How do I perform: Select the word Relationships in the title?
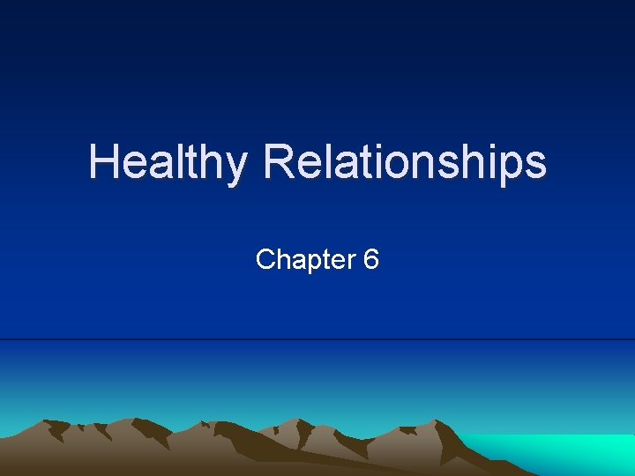405,163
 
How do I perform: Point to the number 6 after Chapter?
370,259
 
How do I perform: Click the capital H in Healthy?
101,162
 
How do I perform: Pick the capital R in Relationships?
279,162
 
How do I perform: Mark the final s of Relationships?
536,165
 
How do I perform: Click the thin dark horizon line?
317,339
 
